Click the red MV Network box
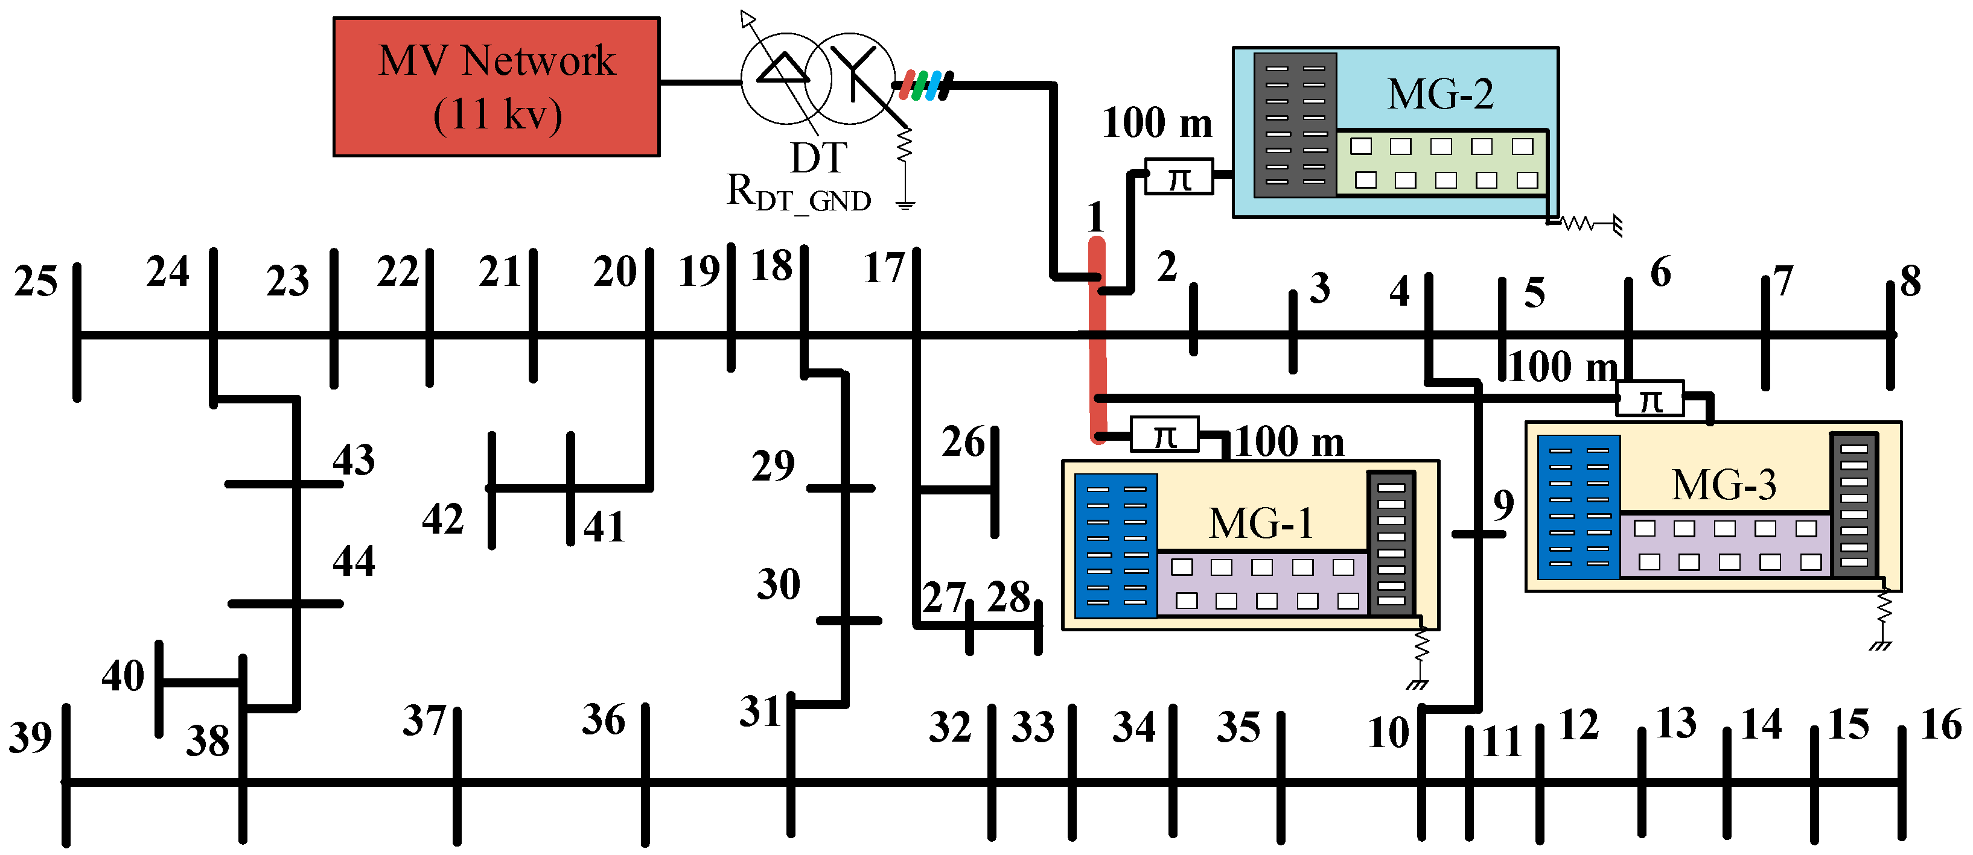click(496, 86)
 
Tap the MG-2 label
click(1440, 95)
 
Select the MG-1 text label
click(1261, 523)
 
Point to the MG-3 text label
click(1723, 485)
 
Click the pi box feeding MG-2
click(1179, 177)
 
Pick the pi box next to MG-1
click(1164, 435)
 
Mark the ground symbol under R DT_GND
click(905, 204)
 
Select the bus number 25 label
click(35, 281)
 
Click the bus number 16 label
click(1941, 724)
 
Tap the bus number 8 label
click(1910, 281)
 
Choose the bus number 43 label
click(354, 459)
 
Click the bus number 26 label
click(963, 441)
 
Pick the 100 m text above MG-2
click(1156, 122)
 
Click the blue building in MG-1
click(1116, 546)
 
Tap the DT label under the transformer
click(818, 158)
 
